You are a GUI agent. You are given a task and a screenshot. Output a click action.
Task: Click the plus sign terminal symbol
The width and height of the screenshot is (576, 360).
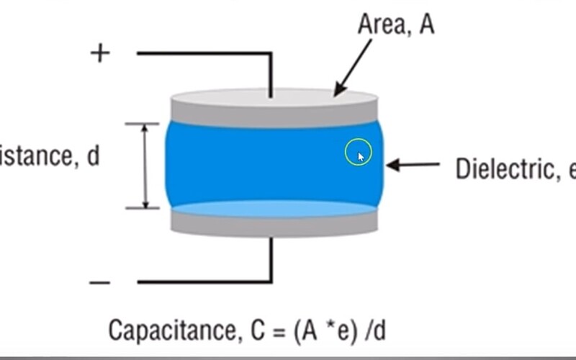100,53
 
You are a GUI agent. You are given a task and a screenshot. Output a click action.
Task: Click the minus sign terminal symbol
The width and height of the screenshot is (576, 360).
100,282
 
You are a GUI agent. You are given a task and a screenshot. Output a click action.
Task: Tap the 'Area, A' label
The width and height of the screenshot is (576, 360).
395,26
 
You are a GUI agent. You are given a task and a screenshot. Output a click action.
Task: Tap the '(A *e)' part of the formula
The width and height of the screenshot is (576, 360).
323,330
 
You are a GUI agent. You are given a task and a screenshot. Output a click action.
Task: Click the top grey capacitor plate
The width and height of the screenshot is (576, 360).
274,107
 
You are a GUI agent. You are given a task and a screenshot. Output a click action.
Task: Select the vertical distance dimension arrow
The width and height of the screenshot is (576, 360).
145,166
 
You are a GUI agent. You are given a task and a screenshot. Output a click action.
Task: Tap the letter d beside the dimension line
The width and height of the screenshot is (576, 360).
93,157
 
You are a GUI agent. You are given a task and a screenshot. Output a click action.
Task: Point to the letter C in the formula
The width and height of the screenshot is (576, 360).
255,330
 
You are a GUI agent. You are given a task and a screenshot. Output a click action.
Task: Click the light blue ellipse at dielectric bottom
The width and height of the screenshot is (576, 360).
274,209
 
